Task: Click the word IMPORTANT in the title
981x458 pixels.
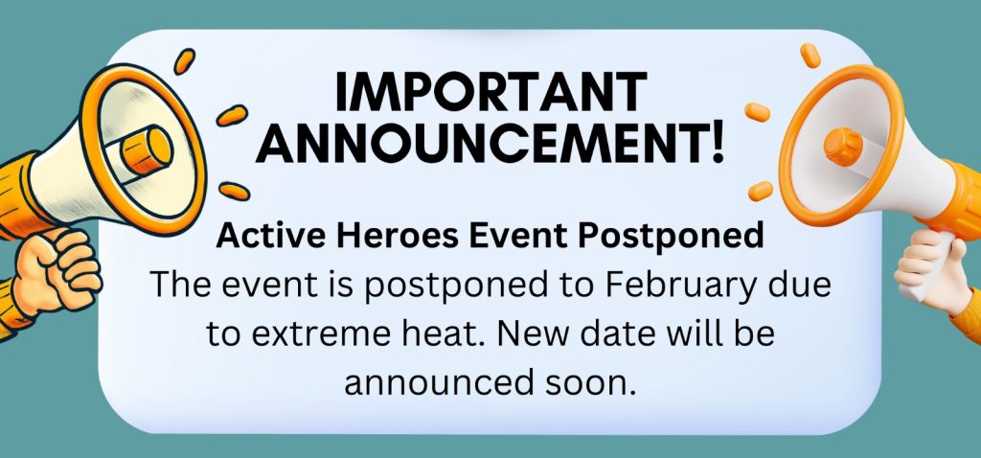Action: point(491,94)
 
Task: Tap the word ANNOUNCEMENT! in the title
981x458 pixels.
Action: point(491,145)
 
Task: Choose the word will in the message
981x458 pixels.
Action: point(706,334)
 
